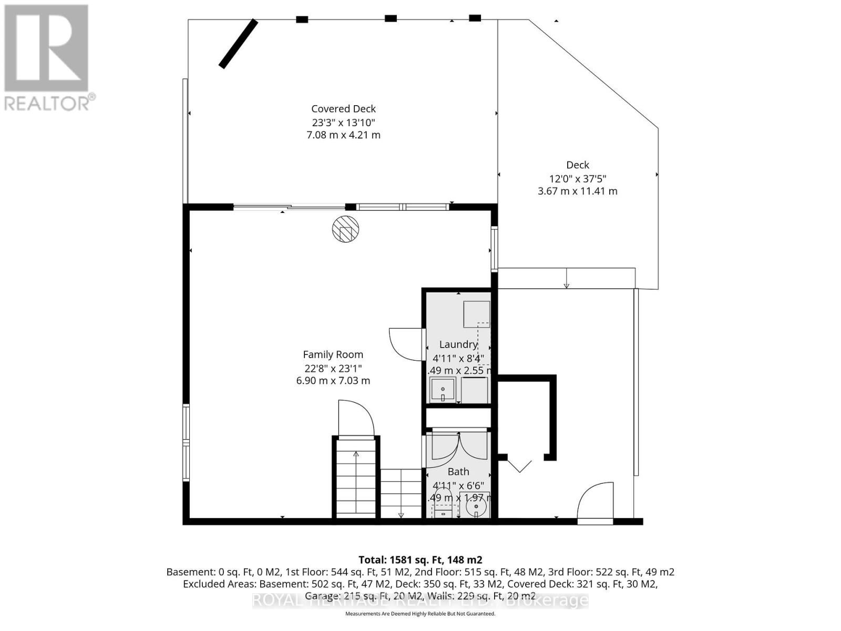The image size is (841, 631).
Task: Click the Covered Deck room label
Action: (343, 109)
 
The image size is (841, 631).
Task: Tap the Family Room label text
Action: (333, 355)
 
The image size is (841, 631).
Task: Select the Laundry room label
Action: (458, 344)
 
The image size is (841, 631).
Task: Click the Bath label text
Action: (458, 472)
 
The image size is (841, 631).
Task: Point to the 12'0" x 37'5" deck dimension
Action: (578, 178)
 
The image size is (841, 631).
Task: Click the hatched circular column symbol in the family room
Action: (345, 229)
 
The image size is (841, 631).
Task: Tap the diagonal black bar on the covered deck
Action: (238, 44)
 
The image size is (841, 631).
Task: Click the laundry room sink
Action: (443, 390)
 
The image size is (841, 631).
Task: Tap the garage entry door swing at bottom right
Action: (595, 501)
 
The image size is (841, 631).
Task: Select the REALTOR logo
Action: (47, 57)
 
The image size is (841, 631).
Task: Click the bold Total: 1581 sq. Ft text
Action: (420, 559)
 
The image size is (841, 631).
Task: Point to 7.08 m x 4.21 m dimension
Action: (343, 135)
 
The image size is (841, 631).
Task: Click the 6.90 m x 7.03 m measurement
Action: (333, 381)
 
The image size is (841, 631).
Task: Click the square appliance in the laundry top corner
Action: (476, 314)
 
